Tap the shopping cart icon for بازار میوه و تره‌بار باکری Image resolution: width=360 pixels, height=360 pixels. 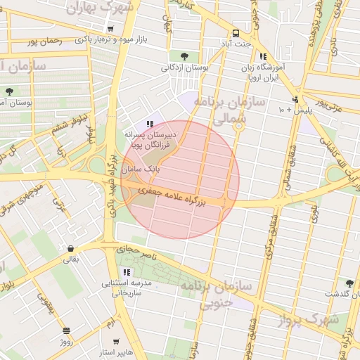(x=110, y=29)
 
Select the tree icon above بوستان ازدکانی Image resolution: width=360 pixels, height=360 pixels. (x=184, y=56)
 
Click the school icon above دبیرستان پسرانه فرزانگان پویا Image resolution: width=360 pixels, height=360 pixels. (x=149, y=124)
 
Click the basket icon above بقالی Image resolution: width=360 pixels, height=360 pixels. (x=72, y=248)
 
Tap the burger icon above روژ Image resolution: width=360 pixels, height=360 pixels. (x=65, y=330)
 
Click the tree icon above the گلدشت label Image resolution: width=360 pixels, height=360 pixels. (x=349, y=283)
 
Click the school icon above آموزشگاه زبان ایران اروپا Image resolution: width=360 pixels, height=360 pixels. (x=263, y=56)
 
